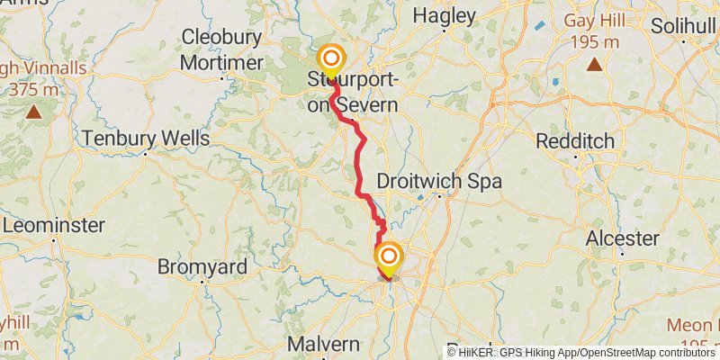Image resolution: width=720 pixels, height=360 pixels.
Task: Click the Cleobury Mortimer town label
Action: coord(221,49)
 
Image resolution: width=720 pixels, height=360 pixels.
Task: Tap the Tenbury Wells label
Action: coord(145,139)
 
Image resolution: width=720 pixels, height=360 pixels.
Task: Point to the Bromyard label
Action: coord(202,267)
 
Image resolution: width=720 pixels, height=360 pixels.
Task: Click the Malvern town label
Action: coord(324,345)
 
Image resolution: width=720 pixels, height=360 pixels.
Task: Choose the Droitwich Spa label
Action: coord(438,180)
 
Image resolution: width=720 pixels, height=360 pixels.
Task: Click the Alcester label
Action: coord(623,238)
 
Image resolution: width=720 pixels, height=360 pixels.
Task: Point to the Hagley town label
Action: coord(444,15)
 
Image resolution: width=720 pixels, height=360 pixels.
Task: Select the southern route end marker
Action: coord(389,257)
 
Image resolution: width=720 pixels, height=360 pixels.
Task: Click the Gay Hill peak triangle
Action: coord(594,64)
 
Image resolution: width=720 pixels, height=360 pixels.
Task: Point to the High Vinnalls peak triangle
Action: coord(33,112)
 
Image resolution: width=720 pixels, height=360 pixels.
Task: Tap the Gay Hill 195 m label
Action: coord(594,31)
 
